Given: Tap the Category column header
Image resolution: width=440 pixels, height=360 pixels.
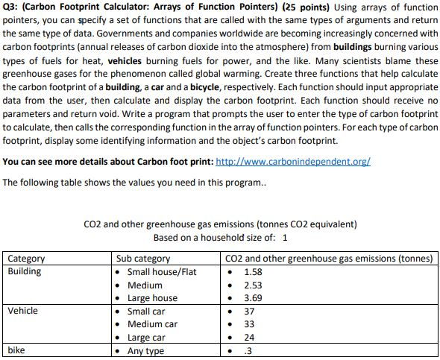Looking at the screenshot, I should coord(26,259).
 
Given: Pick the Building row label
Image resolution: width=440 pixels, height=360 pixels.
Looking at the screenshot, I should coord(25,271).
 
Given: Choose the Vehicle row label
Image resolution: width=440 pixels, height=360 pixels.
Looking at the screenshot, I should coord(23,311).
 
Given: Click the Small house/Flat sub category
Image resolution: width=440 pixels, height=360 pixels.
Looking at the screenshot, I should coord(162,271).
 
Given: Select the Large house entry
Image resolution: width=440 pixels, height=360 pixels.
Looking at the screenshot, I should coord(152,298).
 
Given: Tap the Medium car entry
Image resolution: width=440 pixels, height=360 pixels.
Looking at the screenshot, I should coord(152,324).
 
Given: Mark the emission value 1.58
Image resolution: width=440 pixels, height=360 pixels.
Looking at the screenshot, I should coord(254,271).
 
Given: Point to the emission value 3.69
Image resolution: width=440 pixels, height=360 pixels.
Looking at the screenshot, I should coord(254,298).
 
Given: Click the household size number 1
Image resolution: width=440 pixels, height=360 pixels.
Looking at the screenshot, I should coord(286,238).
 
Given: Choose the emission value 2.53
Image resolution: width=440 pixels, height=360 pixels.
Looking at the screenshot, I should coord(254,285).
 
